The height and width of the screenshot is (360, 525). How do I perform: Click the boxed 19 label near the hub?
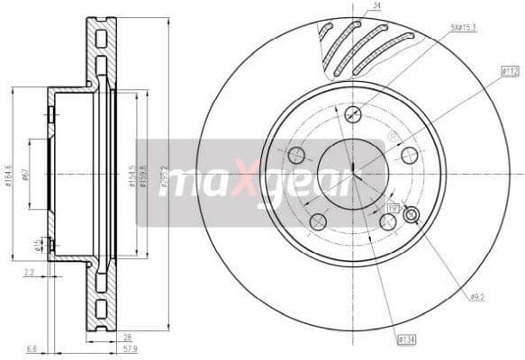point(393,209)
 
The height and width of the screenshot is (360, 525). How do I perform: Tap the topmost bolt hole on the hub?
point(353,115)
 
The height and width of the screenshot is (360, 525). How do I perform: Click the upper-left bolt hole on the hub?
point(296,155)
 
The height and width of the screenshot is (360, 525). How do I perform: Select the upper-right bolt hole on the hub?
point(410,155)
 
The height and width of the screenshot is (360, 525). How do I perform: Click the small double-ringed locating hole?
point(413,214)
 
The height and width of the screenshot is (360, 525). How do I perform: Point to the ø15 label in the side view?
point(38,244)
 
